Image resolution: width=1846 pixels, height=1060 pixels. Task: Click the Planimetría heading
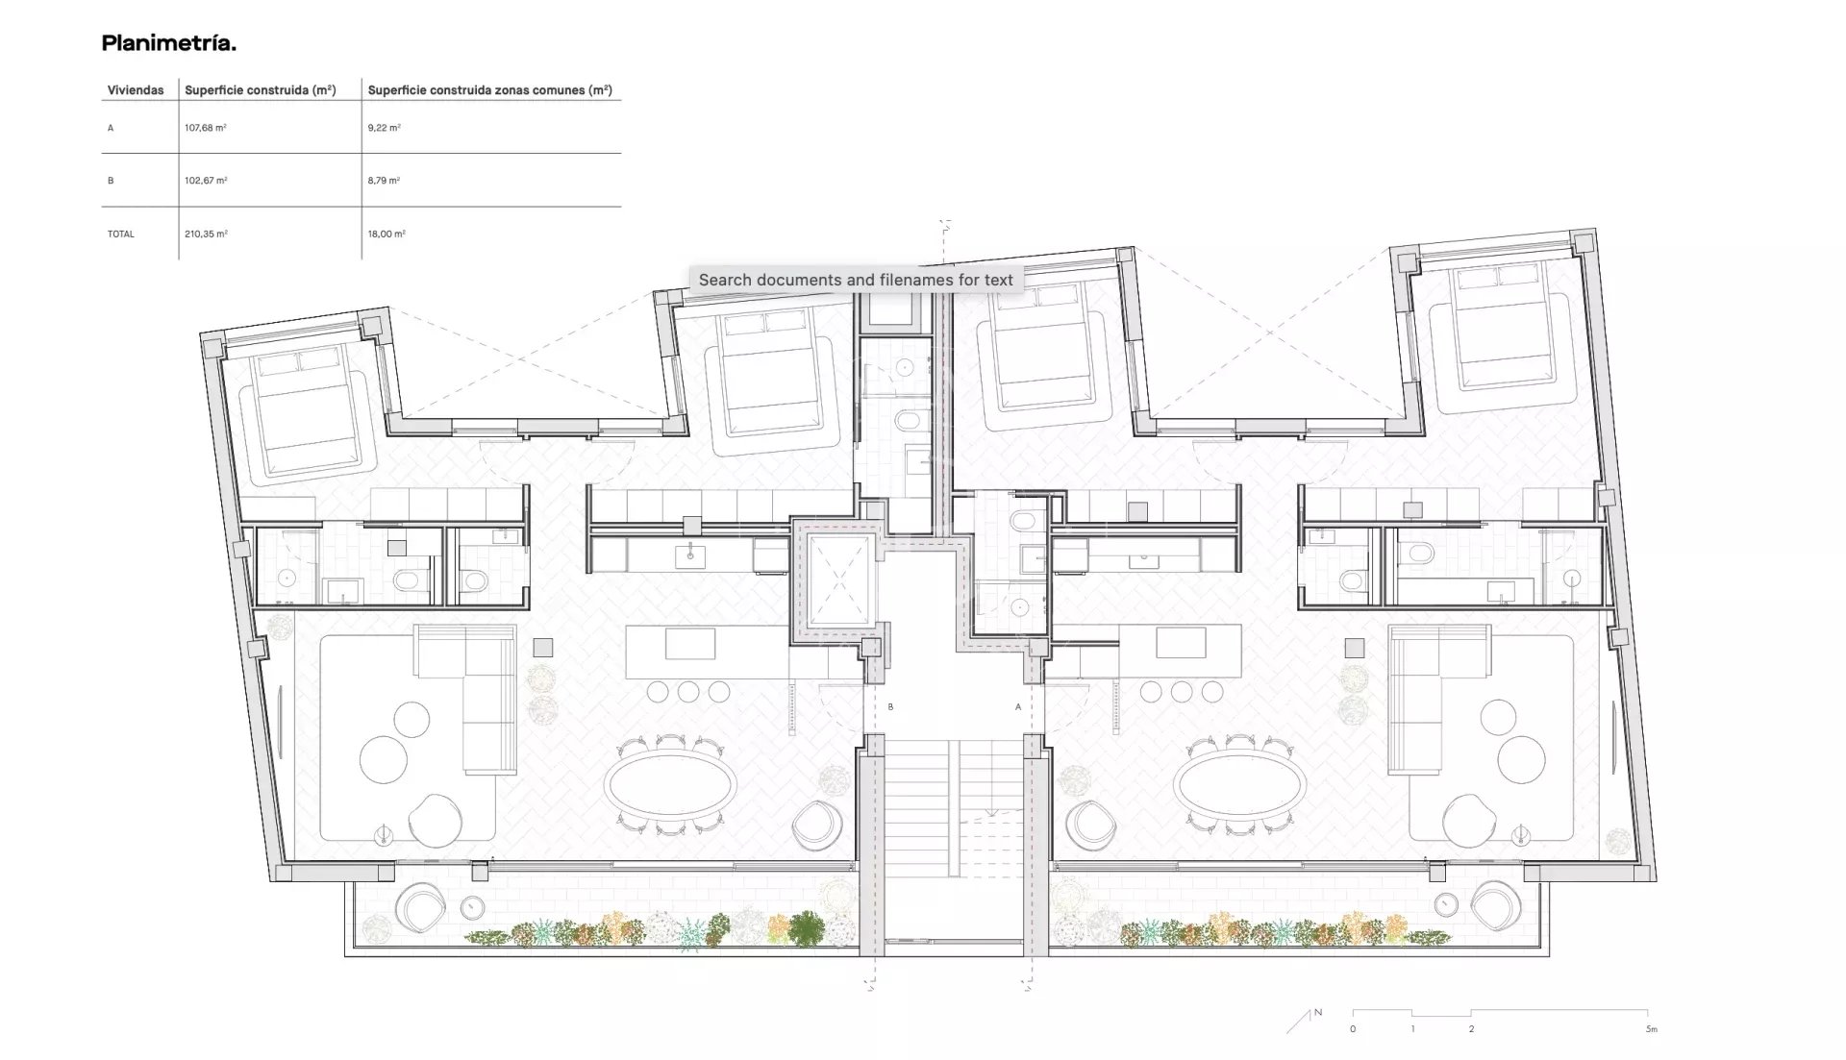point(169,43)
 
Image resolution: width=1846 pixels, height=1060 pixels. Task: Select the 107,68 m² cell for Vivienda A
point(205,128)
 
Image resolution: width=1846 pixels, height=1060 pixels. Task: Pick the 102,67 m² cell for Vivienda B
point(206,181)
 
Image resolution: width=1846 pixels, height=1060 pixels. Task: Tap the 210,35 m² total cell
point(206,234)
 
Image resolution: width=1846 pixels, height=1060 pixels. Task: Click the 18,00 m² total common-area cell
point(387,234)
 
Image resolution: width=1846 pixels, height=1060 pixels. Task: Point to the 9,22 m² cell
point(384,128)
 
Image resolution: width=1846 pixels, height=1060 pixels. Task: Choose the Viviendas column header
point(136,90)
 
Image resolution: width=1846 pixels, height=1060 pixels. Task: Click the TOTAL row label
point(121,234)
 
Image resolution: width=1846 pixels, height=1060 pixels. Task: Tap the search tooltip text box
point(856,280)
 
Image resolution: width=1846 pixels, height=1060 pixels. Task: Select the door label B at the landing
point(890,707)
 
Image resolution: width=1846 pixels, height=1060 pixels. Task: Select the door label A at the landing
point(1018,707)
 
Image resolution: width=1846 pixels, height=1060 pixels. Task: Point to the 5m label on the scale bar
point(1651,1029)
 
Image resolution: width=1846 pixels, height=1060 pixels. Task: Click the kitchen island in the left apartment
point(707,653)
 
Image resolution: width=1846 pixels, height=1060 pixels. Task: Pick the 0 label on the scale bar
point(1353,1029)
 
